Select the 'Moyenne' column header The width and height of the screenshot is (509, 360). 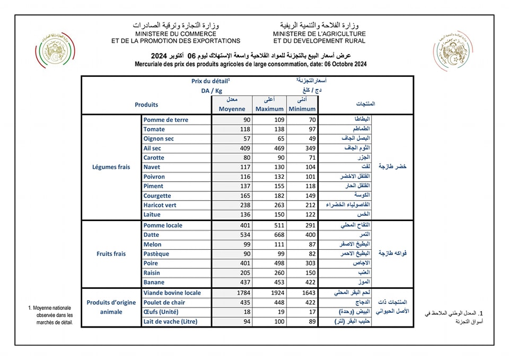coord(232,109)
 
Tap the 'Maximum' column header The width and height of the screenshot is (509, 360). coord(270,109)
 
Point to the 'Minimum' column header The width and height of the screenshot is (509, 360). coord(302,109)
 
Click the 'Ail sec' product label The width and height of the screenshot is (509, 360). coord(152,148)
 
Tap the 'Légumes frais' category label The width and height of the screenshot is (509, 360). coord(111,167)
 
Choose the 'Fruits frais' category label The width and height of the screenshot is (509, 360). coord(111,253)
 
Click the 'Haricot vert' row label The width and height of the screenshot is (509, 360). coord(160,205)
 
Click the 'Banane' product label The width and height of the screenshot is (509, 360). coord(154,283)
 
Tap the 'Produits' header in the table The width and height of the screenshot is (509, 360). coord(146,105)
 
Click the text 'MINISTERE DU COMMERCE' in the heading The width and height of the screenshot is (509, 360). coord(175,33)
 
